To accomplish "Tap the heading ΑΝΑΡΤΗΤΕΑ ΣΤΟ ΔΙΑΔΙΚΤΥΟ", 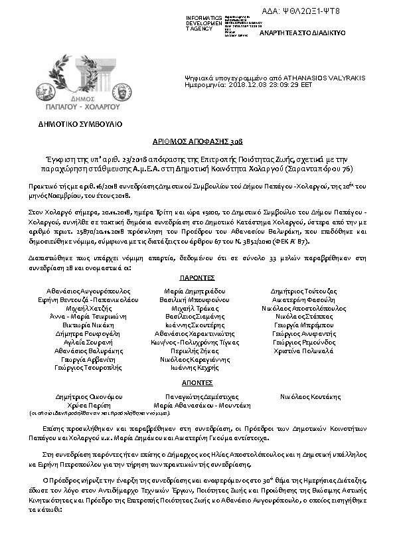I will [x=301, y=32].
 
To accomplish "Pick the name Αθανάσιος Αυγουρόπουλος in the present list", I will [x=88, y=291].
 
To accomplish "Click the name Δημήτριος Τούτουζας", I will [x=304, y=291].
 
